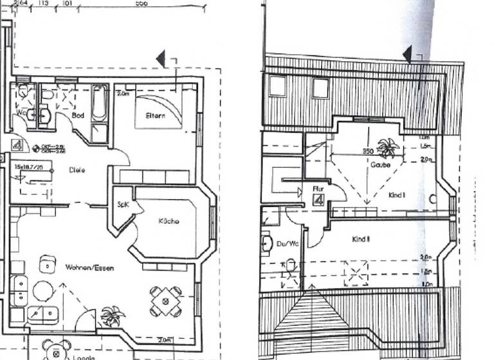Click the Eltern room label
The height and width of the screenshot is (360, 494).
155,116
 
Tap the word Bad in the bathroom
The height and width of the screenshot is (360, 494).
78,115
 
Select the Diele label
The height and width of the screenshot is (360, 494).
77,170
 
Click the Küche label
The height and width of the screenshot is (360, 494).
169,221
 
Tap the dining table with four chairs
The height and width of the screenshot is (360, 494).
166,300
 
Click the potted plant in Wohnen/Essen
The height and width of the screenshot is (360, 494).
113,316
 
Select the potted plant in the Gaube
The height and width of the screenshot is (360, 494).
388,148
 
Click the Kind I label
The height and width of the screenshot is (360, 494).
397,195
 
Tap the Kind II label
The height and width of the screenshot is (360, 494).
361,239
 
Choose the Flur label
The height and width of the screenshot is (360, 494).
317,189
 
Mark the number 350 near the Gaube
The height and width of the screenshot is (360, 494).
367,152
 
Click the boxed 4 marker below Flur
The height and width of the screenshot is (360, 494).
318,200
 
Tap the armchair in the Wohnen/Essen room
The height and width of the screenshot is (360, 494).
47,264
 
